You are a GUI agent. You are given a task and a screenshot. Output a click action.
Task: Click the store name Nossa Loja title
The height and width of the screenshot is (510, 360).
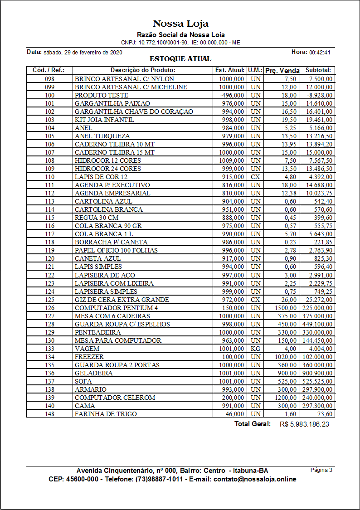point(180,24)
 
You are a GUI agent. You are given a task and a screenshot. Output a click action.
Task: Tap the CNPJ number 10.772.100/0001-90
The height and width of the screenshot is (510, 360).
point(163,43)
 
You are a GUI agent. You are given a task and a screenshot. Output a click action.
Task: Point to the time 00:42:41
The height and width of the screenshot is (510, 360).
point(320,53)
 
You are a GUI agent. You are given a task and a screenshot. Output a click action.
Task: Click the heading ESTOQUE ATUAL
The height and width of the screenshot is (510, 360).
point(180,59)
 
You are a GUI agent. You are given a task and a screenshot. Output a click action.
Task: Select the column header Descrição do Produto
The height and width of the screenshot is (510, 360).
point(143,70)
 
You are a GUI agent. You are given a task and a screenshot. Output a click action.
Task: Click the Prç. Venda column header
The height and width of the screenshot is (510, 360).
point(282,71)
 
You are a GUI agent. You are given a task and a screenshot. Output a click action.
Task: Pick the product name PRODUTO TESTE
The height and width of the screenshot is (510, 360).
point(101,95)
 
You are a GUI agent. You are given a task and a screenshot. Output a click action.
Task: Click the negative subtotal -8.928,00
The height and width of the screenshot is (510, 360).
point(318,95)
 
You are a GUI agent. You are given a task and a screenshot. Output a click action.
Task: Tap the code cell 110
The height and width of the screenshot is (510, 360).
point(49,177)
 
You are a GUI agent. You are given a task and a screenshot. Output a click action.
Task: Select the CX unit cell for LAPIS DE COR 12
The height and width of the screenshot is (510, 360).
point(255,177)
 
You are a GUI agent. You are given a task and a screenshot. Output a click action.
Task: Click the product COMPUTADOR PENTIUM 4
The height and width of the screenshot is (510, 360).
point(116,308)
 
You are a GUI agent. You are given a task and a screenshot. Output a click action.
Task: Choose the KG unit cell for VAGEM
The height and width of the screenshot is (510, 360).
point(255,349)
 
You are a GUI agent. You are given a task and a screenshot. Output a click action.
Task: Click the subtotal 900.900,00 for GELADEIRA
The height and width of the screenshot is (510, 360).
point(318,373)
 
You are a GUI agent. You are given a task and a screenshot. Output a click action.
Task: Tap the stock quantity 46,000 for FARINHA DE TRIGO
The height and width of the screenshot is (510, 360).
point(235,414)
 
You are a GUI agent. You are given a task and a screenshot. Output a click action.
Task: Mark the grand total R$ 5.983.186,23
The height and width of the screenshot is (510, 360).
point(304,424)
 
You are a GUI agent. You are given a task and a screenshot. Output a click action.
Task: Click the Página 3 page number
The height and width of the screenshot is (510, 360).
point(321,470)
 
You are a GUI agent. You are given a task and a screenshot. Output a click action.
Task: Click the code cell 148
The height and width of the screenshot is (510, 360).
point(49,414)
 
